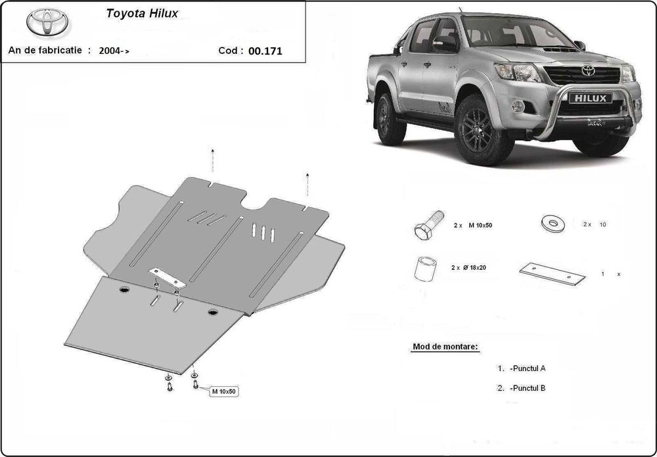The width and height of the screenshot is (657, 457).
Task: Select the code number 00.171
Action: tap(265, 50)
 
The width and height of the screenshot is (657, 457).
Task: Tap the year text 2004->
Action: tap(114, 50)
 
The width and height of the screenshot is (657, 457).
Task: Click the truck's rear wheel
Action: tap(390, 119)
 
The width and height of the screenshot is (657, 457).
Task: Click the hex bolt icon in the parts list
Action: tap(426, 225)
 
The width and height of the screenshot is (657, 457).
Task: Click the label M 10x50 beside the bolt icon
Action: tap(480, 225)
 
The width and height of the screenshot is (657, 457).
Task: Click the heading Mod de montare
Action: tap(445, 346)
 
